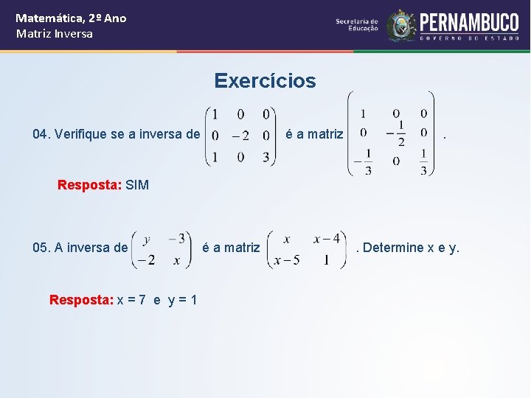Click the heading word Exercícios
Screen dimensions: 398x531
pos(265,81)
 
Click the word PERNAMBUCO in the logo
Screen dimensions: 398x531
pos(469,21)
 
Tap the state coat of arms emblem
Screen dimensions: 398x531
pos(402,25)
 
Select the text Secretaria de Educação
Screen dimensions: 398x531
pos(357,25)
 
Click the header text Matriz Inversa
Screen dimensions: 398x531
pos(55,34)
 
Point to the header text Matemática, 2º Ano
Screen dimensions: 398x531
pos(71,18)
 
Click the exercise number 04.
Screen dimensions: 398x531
pos(41,134)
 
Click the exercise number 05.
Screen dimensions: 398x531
pos(41,248)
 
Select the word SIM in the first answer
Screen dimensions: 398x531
pos(137,185)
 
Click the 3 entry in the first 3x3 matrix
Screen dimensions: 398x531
pos(266,157)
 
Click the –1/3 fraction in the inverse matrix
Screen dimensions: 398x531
pos(364,161)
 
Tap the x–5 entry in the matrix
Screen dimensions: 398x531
pos(286,260)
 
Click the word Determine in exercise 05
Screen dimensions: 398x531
pos(393,248)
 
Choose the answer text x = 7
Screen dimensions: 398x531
pos(136,300)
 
